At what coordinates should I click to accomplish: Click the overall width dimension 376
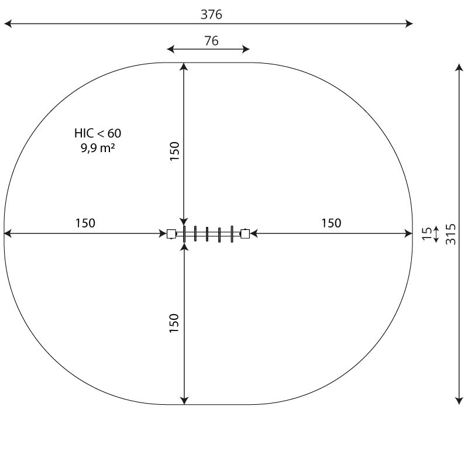point(211,15)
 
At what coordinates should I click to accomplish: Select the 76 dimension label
point(211,41)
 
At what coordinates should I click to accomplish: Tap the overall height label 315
point(450,234)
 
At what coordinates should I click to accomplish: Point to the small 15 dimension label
point(427,233)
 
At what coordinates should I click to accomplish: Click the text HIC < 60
point(98,133)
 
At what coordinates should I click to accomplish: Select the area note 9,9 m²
point(98,148)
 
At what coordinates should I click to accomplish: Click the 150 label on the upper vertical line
point(174,152)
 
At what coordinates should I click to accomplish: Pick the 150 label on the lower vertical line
point(174,324)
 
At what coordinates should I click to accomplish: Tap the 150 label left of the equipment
point(85,223)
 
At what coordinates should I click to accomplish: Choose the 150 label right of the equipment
point(331,223)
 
